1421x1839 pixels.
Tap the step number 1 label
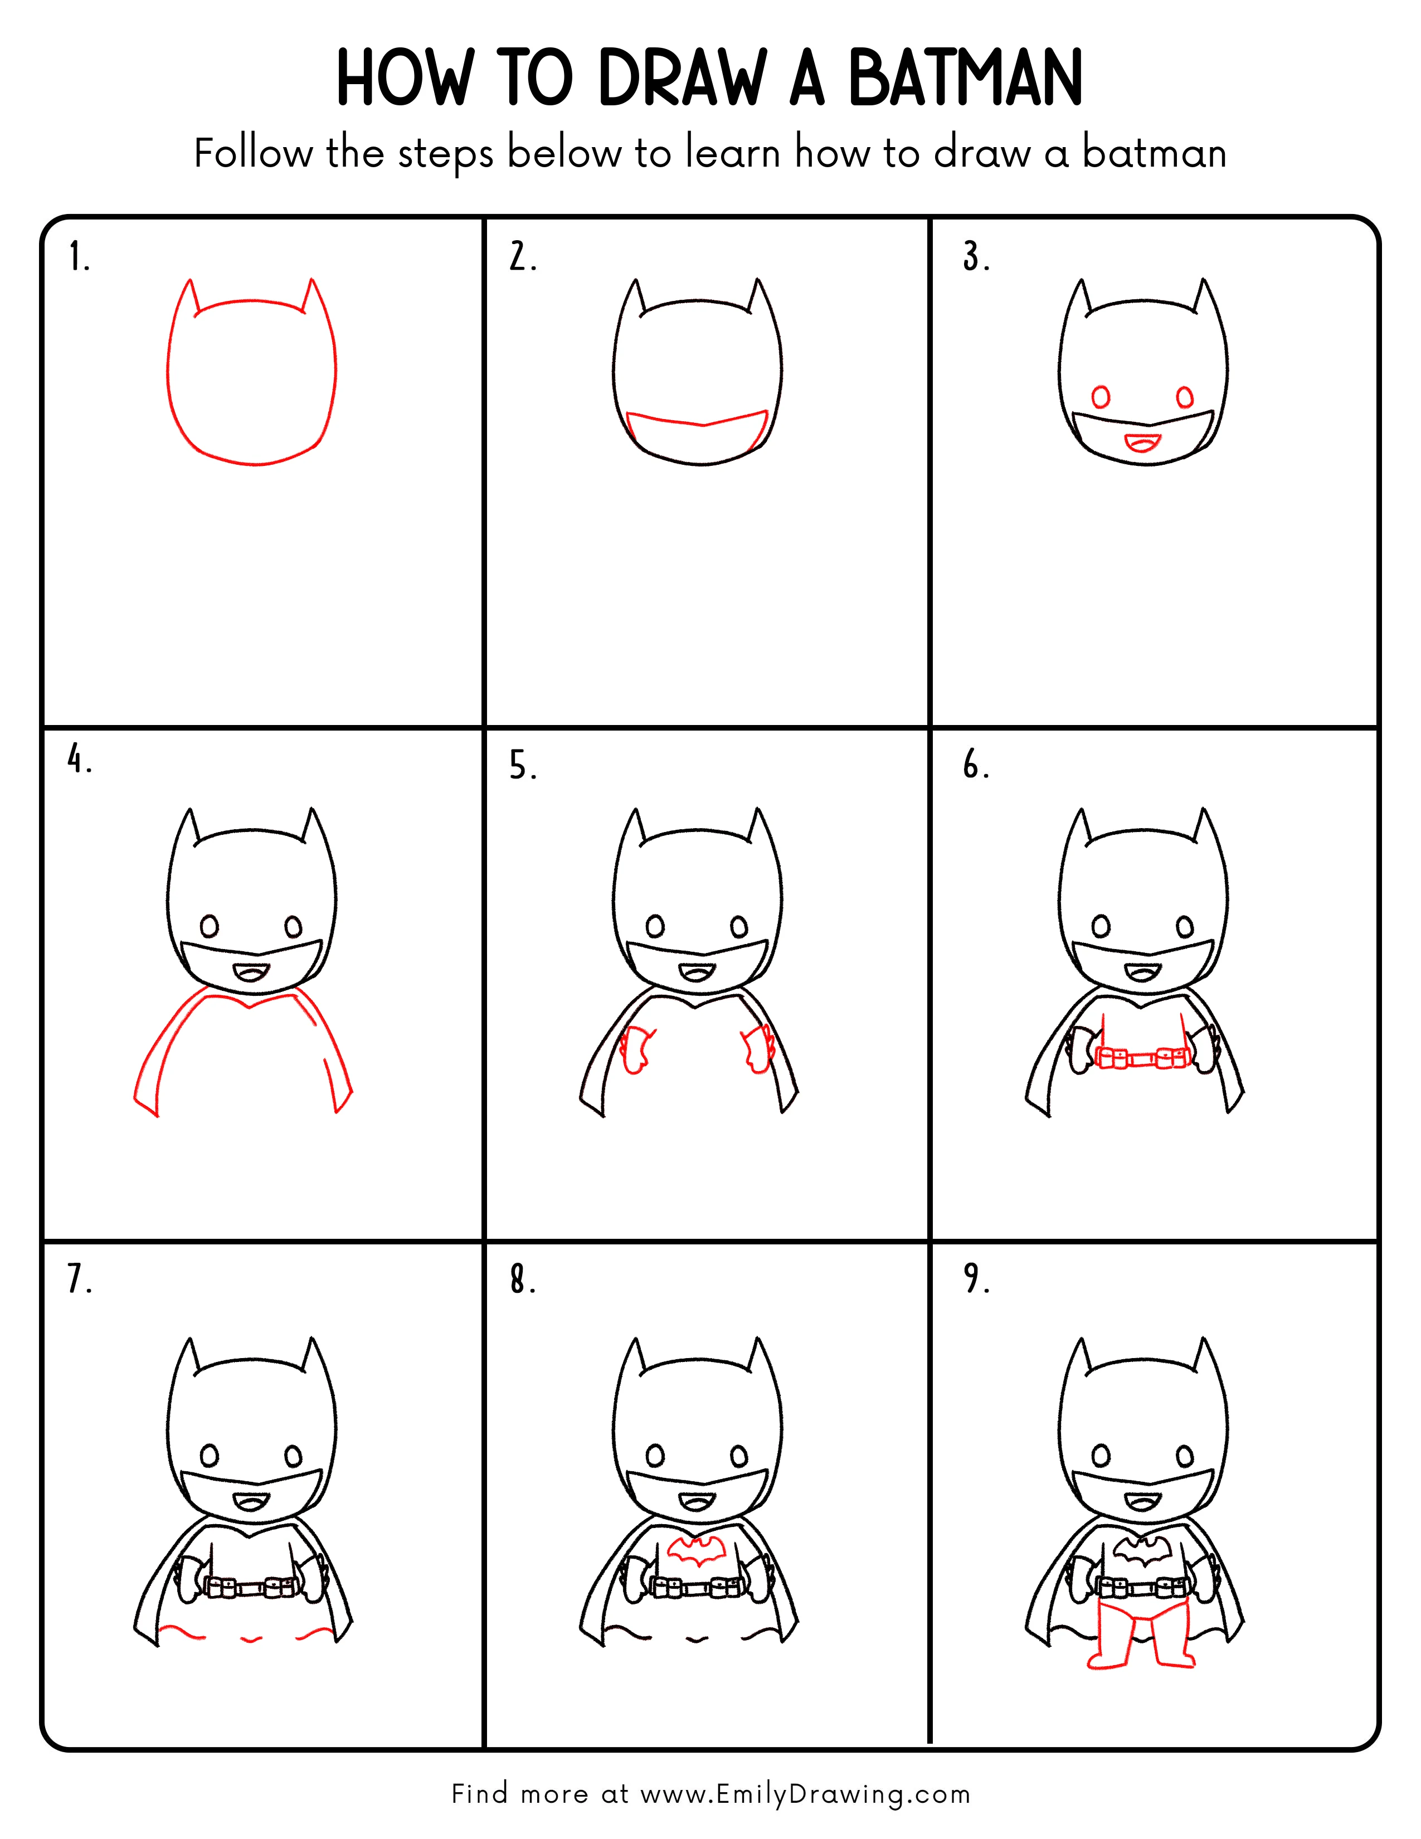click(x=77, y=257)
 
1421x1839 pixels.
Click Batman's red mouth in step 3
click(x=1143, y=442)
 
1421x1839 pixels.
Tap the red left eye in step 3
click(x=1100, y=397)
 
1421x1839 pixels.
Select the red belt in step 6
click(x=1143, y=1058)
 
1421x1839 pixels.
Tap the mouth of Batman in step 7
click(x=251, y=1502)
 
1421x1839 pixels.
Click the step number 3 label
click(x=976, y=257)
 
